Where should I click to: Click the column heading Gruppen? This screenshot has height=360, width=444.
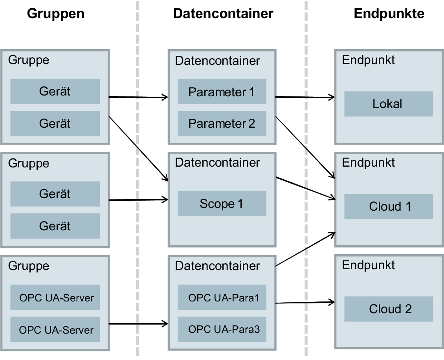tap(55, 13)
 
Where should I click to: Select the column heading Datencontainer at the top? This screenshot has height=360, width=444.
tap(223, 13)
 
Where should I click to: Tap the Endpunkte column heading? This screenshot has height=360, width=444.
tap(389, 13)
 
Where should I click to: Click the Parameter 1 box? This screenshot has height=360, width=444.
tap(222, 92)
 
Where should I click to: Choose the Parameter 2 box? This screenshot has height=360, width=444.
tap(222, 123)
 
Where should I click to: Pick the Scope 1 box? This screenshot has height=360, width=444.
tap(222, 204)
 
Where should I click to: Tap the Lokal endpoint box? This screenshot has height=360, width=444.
tap(388, 104)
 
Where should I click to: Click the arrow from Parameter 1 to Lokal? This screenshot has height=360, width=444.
tap(305, 97)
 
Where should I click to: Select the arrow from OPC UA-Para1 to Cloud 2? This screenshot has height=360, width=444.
tap(305, 303)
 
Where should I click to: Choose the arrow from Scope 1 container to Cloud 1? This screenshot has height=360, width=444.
tap(305, 188)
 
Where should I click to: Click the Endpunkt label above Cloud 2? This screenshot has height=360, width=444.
tap(368, 265)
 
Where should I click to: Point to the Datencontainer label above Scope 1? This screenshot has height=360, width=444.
tap(217, 162)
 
